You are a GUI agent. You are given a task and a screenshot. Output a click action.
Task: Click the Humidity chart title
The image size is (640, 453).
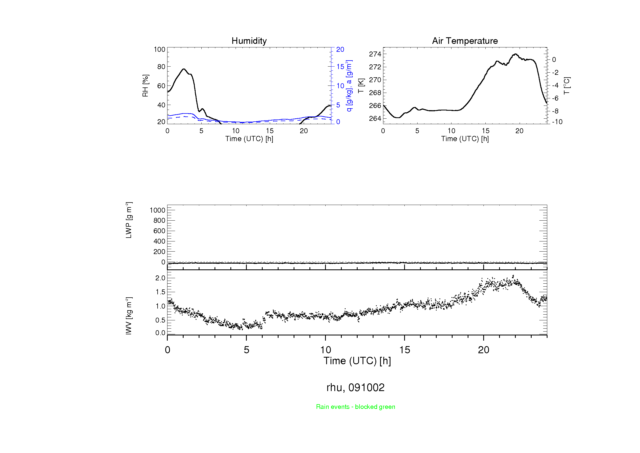point(249,41)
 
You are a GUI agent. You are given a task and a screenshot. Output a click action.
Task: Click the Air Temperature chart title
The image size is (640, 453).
point(465,41)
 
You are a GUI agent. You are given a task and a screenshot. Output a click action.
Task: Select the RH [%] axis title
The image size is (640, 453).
point(145,86)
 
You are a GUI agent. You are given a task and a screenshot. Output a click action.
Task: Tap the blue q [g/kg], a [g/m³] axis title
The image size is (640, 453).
point(349,86)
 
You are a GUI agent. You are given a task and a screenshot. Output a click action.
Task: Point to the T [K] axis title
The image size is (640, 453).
point(361,86)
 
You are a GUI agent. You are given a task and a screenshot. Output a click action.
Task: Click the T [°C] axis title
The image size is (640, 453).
point(567,86)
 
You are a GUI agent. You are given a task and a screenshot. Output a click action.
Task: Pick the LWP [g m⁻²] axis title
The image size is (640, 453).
point(129,220)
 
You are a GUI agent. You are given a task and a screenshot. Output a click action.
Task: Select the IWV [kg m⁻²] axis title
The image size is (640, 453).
point(129,316)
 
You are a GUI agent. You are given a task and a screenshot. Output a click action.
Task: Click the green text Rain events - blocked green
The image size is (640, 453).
point(355,407)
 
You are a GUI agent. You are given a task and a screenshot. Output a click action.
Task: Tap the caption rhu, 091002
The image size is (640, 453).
point(355,388)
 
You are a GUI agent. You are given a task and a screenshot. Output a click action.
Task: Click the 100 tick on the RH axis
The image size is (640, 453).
point(160,49)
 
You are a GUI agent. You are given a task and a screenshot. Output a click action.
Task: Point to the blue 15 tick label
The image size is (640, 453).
point(340,67)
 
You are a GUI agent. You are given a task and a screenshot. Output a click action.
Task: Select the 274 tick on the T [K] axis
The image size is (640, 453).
point(375,54)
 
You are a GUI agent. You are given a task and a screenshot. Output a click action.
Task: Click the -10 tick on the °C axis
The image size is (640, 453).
point(557,122)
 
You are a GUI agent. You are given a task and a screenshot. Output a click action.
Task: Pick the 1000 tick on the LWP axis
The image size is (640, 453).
point(158,210)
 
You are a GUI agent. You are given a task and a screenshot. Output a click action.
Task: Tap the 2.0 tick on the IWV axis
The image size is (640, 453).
point(160,278)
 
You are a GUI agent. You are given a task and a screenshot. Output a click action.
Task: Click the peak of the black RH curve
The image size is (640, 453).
point(184,69)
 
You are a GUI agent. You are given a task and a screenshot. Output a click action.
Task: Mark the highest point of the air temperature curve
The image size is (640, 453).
point(516,54)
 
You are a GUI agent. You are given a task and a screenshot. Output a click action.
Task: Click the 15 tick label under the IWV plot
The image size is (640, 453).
point(404,350)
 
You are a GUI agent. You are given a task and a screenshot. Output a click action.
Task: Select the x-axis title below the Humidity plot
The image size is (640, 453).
point(249,139)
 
